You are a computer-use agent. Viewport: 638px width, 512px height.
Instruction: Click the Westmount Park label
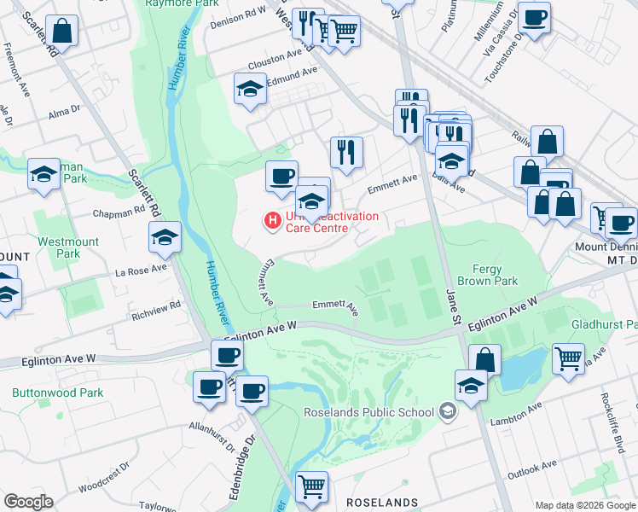click(x=68, y=247)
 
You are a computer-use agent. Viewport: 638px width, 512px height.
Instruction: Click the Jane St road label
click(x=453, y=307)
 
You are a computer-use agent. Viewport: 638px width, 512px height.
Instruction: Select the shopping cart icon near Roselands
click(x=311, y=486)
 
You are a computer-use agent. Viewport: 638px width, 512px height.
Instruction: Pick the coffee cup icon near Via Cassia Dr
click(x=534, y=17)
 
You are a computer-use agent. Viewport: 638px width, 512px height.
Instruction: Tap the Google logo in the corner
click(x=28, y=502)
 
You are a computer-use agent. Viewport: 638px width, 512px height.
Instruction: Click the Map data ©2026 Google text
click(x=585, y=505)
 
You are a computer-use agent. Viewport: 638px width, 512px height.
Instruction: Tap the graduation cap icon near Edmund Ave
click(x=250, y=89)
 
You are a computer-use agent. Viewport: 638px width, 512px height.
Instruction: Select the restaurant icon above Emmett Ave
click(x=346, y=153)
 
